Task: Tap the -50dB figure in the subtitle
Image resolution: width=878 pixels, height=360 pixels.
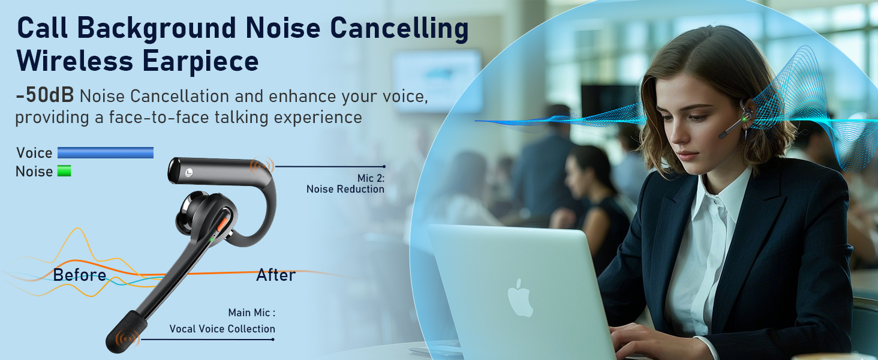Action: [x=45, y=95]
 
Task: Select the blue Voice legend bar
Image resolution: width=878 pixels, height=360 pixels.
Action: [x=106, y=152]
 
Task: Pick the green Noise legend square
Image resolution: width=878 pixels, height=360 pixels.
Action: [x=64, y=171]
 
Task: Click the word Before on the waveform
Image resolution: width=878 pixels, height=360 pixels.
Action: [x=80, y=275]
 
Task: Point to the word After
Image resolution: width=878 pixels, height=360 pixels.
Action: [x=276, y=275]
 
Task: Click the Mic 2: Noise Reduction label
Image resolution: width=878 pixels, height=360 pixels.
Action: [x=345, y=184]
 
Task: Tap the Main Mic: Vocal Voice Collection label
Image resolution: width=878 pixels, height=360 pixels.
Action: [x=222, y=321]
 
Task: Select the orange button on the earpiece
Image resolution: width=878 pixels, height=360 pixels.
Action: [x=223, y=224]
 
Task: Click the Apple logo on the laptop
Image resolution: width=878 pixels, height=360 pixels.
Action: [x=521, y=298]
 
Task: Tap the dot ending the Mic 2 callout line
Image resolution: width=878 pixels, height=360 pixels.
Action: [x=384, y=167]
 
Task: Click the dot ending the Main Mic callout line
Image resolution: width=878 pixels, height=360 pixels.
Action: [x=273, y=340]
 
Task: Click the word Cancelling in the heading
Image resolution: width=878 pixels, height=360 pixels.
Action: [x=399, y=29]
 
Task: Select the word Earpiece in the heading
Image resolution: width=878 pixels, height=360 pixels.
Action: [x=200, y=62]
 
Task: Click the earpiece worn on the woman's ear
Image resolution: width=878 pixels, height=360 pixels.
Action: [x=737, y=119]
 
